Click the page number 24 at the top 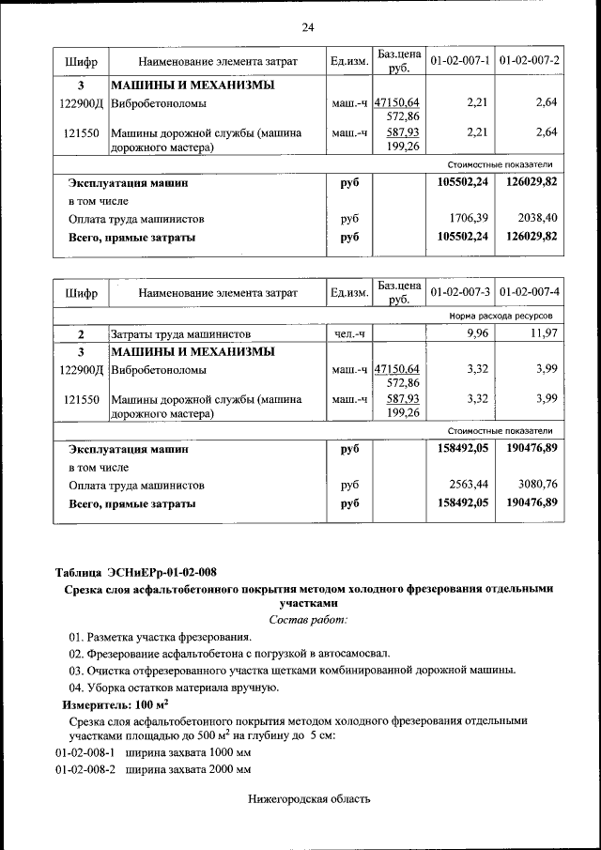click(307, 26)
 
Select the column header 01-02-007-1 click(460, 61)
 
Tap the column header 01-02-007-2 click(530, 61)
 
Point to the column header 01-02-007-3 click(460, 293)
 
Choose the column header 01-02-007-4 click(530, 293)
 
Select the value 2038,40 click(538, 219)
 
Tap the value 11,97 click(544, 333)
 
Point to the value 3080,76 click(538, 486)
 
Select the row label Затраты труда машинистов click(180, 333)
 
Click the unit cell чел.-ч click(348, 333)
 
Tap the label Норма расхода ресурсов click(507, 317)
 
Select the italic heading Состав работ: click(307, 620)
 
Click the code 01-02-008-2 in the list click(85, 769)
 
